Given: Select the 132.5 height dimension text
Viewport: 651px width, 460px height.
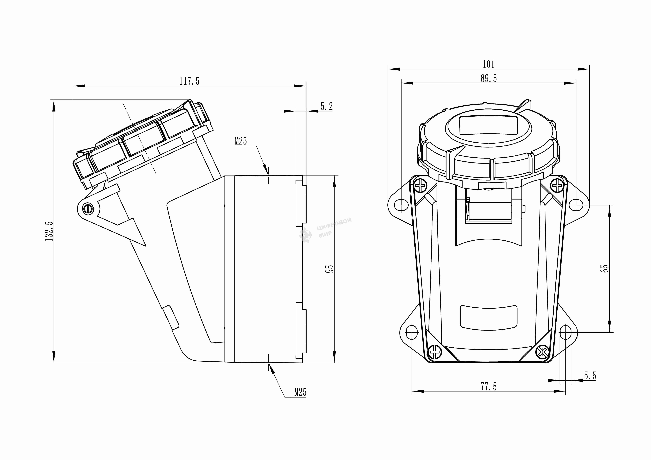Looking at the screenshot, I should (49, 231).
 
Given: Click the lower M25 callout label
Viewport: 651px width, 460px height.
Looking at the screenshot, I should (300, 392).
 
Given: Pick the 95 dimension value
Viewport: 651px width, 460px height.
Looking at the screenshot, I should (329, 269).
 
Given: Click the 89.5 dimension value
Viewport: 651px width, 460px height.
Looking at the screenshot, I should (488, 78).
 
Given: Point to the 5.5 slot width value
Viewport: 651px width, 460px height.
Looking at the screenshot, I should (590, 376).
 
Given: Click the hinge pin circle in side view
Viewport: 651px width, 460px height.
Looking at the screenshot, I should (88, 209).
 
